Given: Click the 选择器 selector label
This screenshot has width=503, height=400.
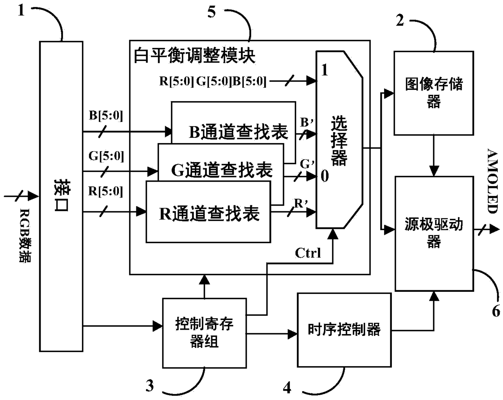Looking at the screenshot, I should tap(339, 141).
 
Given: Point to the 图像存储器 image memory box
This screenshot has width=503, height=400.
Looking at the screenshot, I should tap(434, 93).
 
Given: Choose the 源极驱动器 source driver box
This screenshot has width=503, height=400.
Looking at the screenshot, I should tap(434, 233).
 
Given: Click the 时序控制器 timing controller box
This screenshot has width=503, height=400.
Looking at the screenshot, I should tap(344, 329).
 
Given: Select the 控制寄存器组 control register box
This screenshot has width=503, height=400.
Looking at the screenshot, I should tap(204, 333).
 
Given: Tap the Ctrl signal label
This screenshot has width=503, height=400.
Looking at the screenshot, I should tap(308, 253).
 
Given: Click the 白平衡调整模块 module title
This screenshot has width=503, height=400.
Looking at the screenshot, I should tap(195, 56).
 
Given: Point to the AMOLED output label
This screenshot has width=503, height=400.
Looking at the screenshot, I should tap(492, 181).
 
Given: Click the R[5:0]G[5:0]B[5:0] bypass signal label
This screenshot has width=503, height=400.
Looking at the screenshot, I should tap(213, 81).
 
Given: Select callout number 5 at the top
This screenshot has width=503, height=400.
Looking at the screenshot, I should tap(211, 12).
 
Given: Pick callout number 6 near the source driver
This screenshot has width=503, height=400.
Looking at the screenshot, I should tap(496, 311).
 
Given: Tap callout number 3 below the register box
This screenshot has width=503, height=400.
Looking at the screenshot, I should tap(150, 385).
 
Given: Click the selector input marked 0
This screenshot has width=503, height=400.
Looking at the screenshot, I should tap(325, 176).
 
